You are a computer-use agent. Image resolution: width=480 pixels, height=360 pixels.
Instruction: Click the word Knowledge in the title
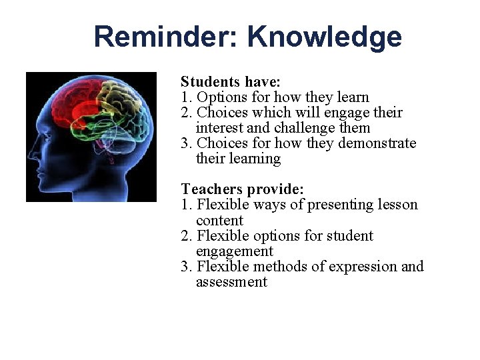325,37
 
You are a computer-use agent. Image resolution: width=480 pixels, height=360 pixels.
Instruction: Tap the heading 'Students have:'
231,82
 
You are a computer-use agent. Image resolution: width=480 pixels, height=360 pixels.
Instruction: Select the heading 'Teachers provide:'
243,189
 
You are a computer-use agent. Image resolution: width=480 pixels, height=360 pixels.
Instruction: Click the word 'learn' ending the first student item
351,97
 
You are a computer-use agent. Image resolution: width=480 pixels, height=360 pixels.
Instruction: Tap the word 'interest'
221,128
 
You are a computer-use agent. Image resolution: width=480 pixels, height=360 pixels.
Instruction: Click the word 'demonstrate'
377,143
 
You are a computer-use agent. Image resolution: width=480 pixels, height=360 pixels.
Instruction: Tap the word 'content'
219,220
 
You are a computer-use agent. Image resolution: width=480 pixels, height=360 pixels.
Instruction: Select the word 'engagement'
234,251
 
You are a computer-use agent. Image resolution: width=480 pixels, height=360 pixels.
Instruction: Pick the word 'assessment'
231,282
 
